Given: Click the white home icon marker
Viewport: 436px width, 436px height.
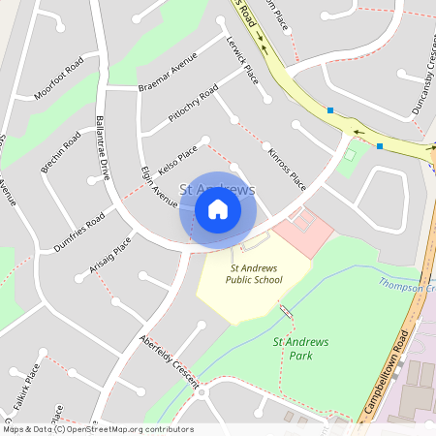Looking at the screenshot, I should click(218, 209).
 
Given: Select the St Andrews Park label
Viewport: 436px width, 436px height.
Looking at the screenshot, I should click(300, 348).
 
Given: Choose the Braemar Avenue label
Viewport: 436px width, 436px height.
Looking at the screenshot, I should click(168, 78).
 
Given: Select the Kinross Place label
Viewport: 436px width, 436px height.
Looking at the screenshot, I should click(286, 167).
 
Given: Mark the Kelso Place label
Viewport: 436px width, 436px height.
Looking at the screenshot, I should click(177, 161).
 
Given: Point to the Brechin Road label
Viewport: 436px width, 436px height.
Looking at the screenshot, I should click(61, 155).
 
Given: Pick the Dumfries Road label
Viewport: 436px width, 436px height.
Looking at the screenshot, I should click(79, 232).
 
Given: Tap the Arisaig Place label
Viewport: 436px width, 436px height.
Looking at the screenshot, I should click(109, 258).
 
